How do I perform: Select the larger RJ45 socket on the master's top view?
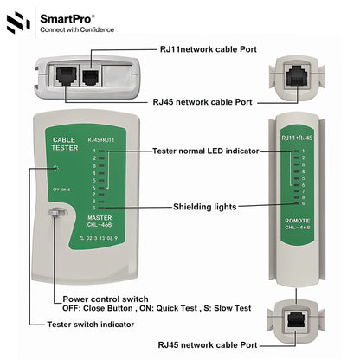point(65,75)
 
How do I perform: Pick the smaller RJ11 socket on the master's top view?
point(89,75)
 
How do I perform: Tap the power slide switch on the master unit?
point(55,215)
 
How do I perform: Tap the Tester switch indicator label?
point(91,324)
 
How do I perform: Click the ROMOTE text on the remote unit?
point(297,222)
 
